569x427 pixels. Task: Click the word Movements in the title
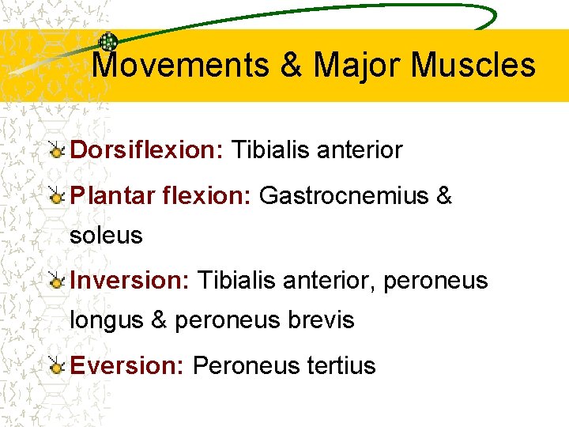click(x=180, y=65)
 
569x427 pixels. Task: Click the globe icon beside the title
click(x=109, y=43)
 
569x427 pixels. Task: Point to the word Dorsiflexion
click(x=148, y=149)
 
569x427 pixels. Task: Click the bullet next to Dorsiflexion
click(x=56, y=150)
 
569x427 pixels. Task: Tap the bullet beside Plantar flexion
click(x=56, y=196)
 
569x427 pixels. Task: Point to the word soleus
click(x=106, y=235)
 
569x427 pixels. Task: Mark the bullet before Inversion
click(x=56, y=281)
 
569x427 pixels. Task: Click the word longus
click(x=106, y=319)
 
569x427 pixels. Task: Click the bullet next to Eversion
click(x=56, y=366)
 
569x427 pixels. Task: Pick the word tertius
click(x=341, y=365)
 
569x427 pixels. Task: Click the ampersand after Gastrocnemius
click(x=443, y=195)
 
